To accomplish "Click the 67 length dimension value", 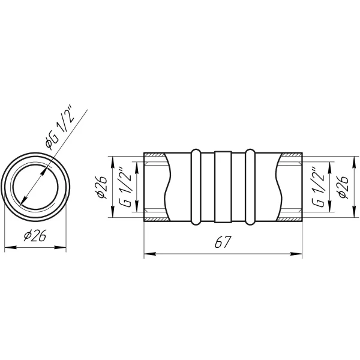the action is point(222,242).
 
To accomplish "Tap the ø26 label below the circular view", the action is point(35,235).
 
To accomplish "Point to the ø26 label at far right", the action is point(343,187).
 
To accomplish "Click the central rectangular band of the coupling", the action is point(223,187).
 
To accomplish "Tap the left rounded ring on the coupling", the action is point(196,187).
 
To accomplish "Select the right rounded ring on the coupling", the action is point(250,187).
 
